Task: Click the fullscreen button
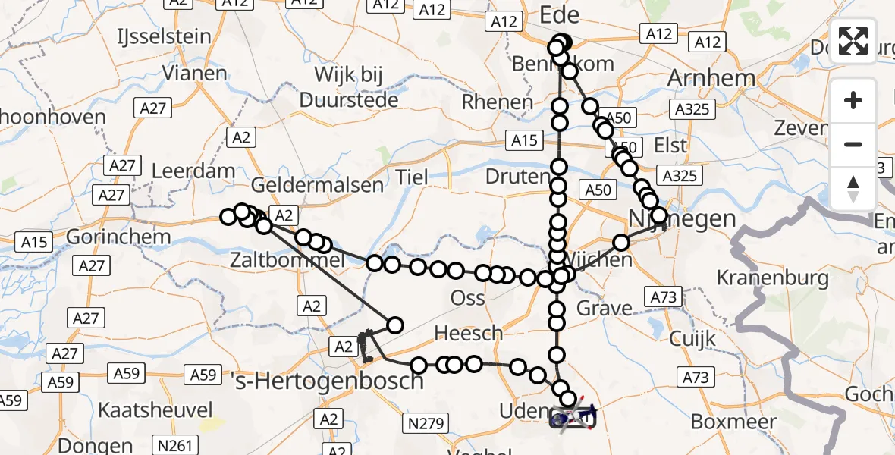[x=853, y=39]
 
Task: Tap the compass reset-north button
[x=853, y=189]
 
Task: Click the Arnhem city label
[x=711, y=78]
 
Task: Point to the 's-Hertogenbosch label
[x=327, y=380]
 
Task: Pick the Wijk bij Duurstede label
[x=349, y=87]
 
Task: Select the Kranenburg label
[x=773, y=278]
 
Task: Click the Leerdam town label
[x=193, y=171]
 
